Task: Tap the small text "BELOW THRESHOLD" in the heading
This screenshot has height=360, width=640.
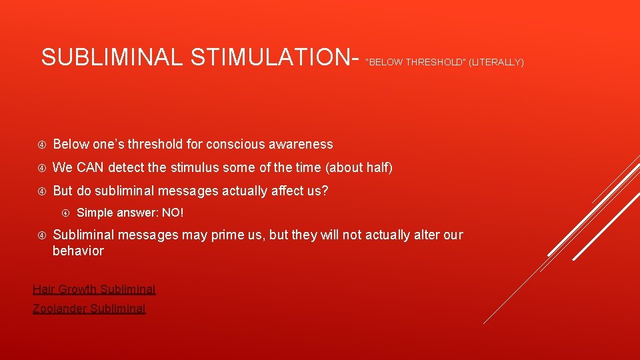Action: pos(416,63)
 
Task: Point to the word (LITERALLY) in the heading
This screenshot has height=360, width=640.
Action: pos(496,63)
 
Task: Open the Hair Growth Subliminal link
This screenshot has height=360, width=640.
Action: pos(94,289)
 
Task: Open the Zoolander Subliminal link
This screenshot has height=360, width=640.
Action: pos(89,309)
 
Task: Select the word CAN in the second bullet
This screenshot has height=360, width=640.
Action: pos(88,167)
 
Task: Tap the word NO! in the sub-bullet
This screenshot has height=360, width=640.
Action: pos(172,213)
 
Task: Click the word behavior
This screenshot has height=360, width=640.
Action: pos(78,251)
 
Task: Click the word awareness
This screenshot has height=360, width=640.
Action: pos(301,144)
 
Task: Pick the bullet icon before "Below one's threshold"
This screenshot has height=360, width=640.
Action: pos(41,145)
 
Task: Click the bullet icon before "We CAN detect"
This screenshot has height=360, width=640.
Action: pos(41,168)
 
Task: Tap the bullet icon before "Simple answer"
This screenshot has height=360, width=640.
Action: pos(66,213)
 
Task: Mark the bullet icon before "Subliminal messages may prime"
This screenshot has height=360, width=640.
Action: pos(41,235)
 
